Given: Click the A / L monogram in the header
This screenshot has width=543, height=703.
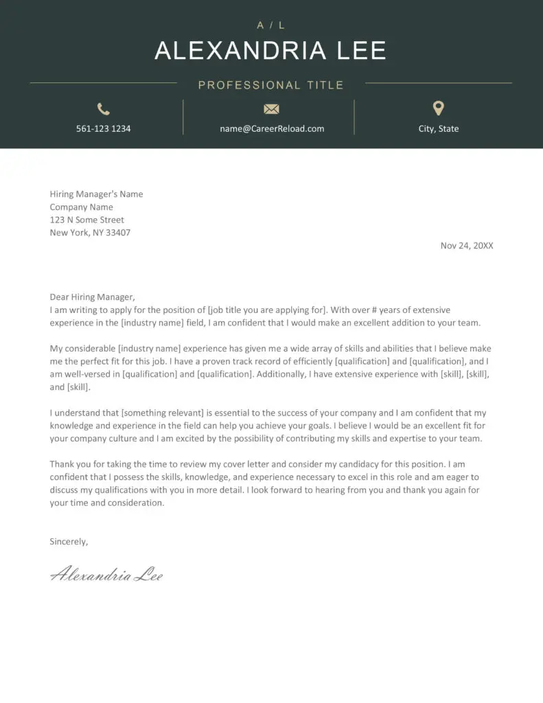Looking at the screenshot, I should click(x=271, y=25).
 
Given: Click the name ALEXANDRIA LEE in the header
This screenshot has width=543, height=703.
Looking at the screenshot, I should click(x=270, y=51).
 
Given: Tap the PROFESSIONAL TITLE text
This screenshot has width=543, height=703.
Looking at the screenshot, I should click(x=271, y=85).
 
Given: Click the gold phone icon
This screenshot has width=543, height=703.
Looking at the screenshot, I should click(x=104, y=108).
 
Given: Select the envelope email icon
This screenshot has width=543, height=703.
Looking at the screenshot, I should click(x=272, y=108).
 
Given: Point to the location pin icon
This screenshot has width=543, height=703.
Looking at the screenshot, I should click(x=439, y=108).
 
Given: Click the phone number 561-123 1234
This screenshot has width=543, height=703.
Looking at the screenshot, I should click(x=104, y=128).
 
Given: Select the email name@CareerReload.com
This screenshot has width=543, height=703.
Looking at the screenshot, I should click(x=272, y=128).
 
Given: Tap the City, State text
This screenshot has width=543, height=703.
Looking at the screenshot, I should click(x=439, y=128).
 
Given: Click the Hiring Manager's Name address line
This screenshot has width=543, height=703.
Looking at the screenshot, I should click(x=96, y=194).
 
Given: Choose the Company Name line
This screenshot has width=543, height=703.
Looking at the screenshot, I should click(x=81, y=207).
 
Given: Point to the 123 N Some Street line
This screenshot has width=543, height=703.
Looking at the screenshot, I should click(x=86, y=220).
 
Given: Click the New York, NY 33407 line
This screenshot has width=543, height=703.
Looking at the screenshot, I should click(x=90, y=233).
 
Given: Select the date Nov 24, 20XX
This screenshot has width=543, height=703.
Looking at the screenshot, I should click(x=467, y=246).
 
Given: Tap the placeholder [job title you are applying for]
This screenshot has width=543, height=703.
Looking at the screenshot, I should click(x=266, y=310).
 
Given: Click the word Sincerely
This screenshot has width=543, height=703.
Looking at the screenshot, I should click(x=69, y=542).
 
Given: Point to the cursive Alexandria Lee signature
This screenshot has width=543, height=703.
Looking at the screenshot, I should click(x=106, y=574).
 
